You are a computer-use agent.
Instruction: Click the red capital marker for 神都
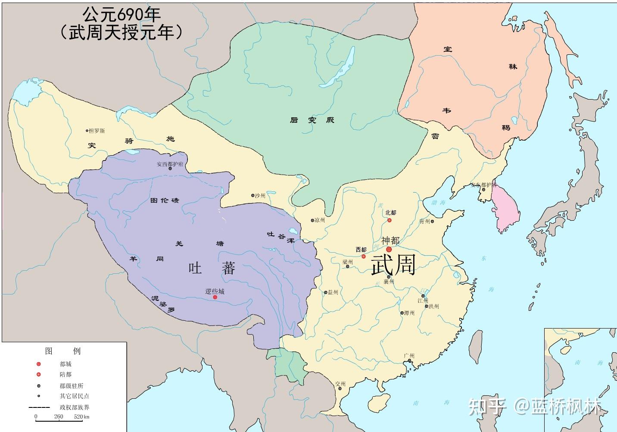[389, 249]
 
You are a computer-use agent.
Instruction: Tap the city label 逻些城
[215, 291]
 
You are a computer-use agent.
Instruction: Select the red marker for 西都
[363, 257]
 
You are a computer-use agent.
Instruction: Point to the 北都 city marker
[390, 220]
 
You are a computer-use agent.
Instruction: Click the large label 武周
[393, 265]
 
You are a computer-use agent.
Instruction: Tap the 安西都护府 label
[170, 164]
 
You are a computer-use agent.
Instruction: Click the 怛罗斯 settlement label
[97, 131]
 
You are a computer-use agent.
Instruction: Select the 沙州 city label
[260, 195]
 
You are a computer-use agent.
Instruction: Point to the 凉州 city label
[319, 220]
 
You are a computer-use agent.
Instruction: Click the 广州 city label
[409, 356]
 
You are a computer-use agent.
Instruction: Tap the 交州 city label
[340, 384]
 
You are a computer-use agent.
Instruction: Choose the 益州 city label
[333, 292]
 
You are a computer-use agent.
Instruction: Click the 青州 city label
[424, 222]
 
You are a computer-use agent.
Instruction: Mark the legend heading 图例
[63, 351]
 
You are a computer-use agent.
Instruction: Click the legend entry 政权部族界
[75, 407]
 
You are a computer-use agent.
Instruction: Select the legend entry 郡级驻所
[72, 386]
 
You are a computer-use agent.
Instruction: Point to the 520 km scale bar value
[81, 416]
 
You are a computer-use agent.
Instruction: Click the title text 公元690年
[122, 15]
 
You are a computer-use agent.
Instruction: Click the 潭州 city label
[409, 313]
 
